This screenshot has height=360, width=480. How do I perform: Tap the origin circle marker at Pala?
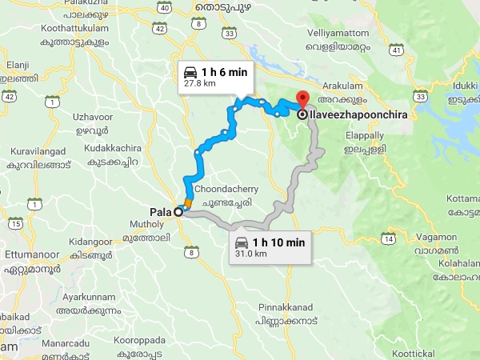pos(178,213)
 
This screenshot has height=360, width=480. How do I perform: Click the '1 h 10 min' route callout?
pos(271,246)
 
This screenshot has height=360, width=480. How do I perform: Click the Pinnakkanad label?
pos(283,306)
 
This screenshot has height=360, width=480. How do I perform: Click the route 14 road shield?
pos(388,238)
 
